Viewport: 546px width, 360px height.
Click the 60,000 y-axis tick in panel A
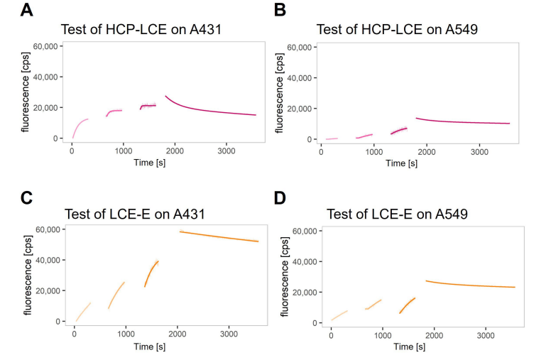click(46, 46)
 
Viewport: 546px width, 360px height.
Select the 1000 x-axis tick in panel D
click(382, 335)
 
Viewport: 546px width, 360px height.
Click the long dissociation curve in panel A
click(206, 110)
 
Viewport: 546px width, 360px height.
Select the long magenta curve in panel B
click(462, 122)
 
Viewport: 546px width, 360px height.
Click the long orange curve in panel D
click(469, 285)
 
